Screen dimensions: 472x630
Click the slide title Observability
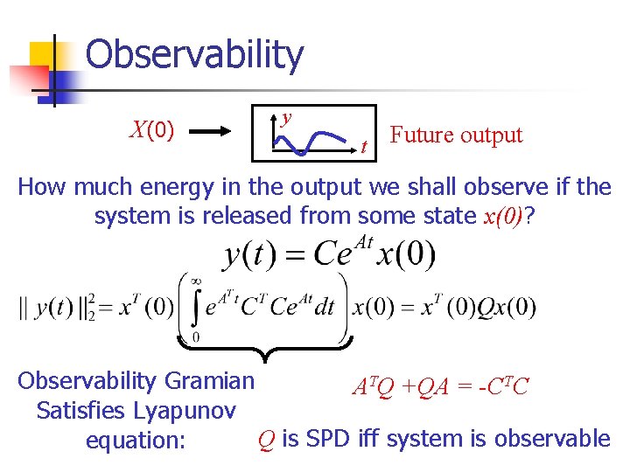coord(194,54)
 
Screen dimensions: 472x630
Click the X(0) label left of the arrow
coord(151,131)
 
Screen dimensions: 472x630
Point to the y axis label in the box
coord(286,117)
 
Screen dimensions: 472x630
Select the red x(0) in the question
coord(501,216)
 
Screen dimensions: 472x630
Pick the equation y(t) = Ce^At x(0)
coord(329,255)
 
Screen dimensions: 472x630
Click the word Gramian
coord(210,381)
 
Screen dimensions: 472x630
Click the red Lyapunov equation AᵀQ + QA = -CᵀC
coord(440,385)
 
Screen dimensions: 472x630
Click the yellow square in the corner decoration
coord(40,54)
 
